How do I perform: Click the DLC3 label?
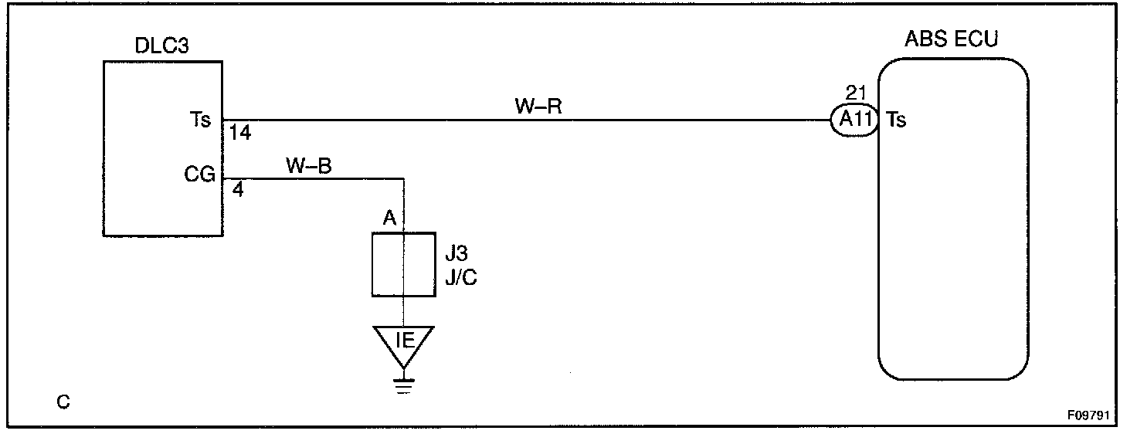[162, 47]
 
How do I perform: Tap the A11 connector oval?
[854, 120]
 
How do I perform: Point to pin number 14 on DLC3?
[240, 133]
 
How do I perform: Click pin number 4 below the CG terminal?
[238, 189]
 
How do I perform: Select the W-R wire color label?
[538, 107]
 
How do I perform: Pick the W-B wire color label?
[309, 166]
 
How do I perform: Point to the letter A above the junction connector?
[390, 219]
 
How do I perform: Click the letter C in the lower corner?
[63, 402]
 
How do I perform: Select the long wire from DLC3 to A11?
[525, 120]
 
